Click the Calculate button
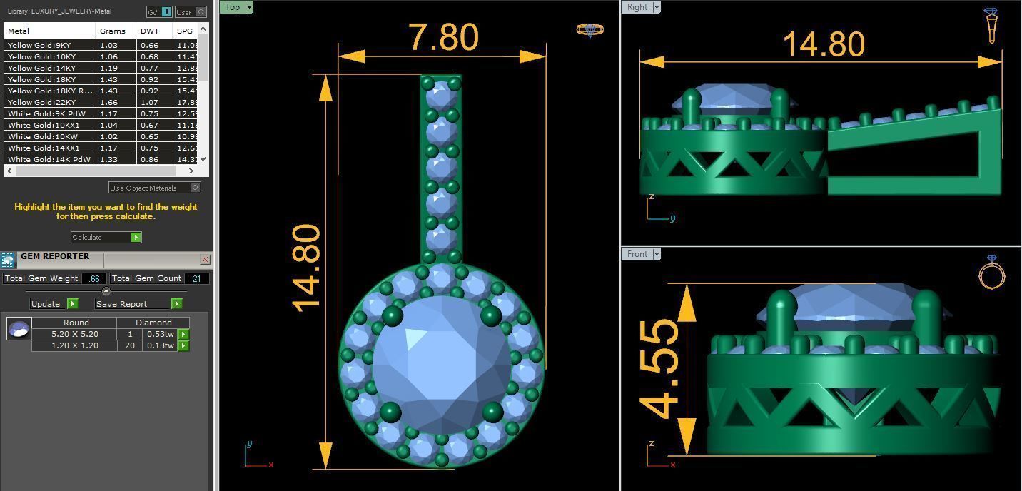[x=106, y=237]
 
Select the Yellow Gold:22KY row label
[x=41, y=102]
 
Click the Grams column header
[x=113, y=31]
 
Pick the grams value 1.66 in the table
[x=108, y=102]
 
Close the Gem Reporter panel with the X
[x=205, y=259]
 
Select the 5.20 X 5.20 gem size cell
[x=74, y=334]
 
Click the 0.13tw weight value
[x=160, y=345]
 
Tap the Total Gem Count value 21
[x=196, y=278]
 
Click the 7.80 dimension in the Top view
[x=442, y=37]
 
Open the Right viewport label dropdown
[x=657, y=7]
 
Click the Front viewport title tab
[x=637, y=254]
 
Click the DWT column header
[x=150, y=31]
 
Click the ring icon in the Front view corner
[x=991, y=272]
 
